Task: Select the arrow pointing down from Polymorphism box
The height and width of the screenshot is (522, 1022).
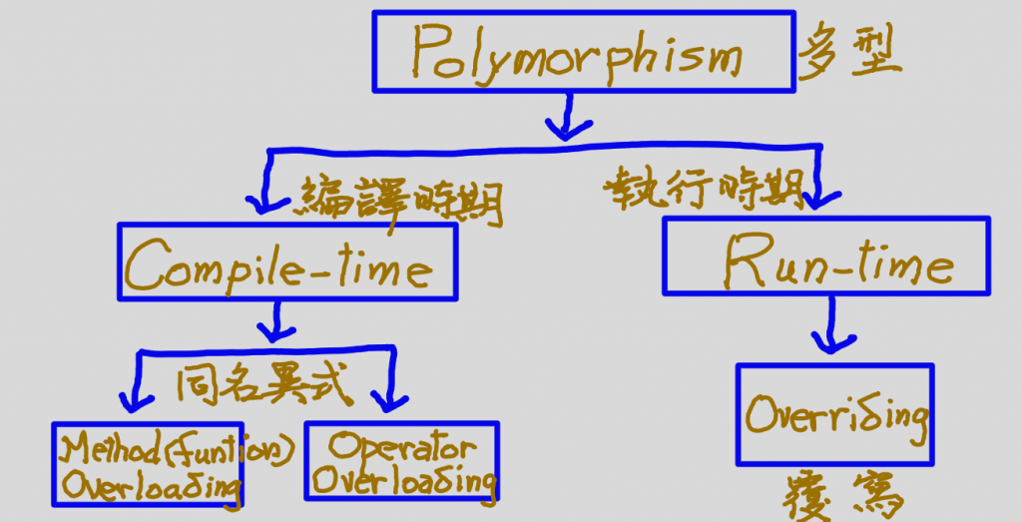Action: click(x=568, y=118)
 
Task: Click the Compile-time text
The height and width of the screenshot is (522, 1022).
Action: click(x=279, y=264)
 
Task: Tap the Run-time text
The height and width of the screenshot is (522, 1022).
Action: click(x=838, y=261)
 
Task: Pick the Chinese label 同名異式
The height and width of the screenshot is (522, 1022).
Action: click(x=263, y=384)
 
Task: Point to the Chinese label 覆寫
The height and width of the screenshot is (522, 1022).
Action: click(x=840, y=495)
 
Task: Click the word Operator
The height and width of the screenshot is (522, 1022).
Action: click(x=402, y=445)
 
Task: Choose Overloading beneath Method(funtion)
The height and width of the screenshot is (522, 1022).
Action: click(x=151, y=487)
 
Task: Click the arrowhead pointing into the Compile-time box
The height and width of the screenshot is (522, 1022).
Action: click(x=260, y=204)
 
